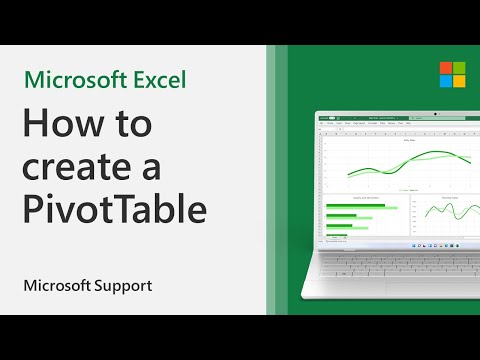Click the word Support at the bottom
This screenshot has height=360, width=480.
coord(124,286)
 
